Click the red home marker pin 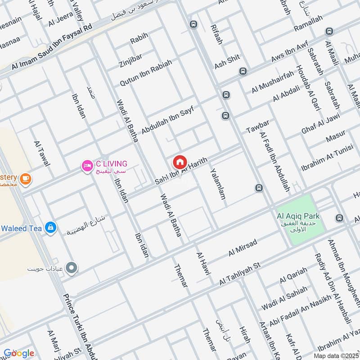(180, 162)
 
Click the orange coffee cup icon (26, 179)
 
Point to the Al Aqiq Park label (298, 216)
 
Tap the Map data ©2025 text (336, 355)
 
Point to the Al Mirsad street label (243, 248)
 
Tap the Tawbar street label (257, 127)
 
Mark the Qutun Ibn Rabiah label (145, 73)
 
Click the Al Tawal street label (41, 153)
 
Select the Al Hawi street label (201, 261)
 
